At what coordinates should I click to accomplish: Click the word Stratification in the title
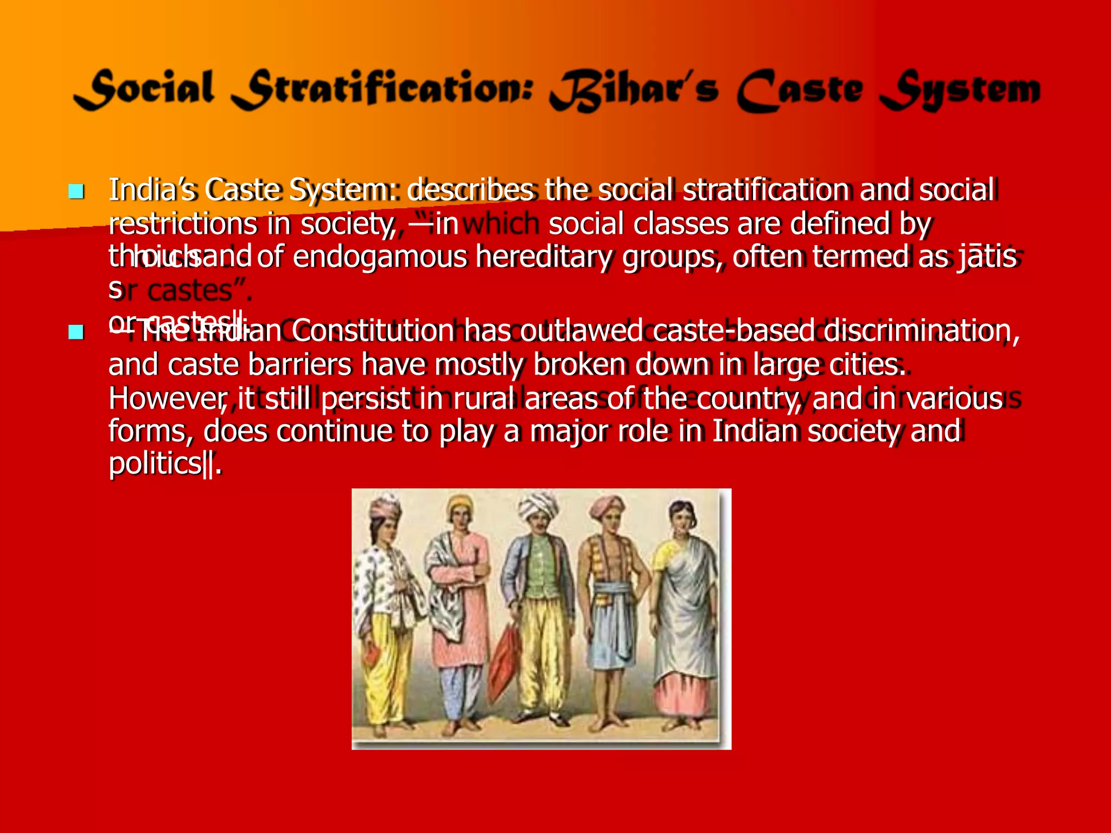pos(383,89)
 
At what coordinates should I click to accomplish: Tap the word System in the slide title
pos(959,91)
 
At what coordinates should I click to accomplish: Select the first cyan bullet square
pos(76,191)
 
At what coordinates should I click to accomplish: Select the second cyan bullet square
pos(76,332)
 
